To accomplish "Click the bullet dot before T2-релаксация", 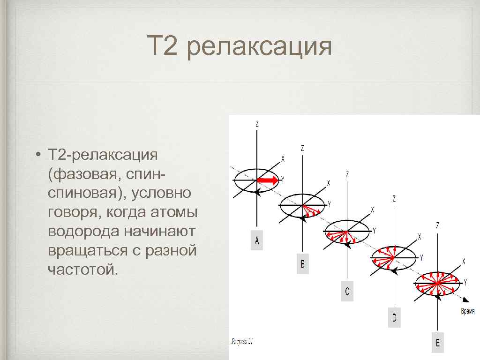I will pyautogui.click(x=37, y=155).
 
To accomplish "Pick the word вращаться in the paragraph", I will pyautogui.click(x=86, y=250).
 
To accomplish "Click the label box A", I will pyautogui.click(x=256, y=241).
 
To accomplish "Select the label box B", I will pyautogui.click(x=302, y=264).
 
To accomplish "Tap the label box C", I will pyautogui.click(x=347, y=292).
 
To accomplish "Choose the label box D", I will pyautogui.click(x=394, y=318).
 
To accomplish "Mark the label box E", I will pyautogui.click(x=437, y=343).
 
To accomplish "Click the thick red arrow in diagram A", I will pyautogui.click(x=267, y=180).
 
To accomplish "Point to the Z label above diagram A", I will pyautogui.click(x=257, y=124).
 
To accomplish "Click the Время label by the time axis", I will pyautogui.click(x=467, y=311).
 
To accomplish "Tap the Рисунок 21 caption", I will pyautogui.click(x=242, y=342).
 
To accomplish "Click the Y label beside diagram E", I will pyautogui.click(x=465, y=282).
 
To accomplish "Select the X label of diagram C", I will pyautogui.click(x=373, y=210).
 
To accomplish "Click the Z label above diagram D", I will pyautogui.click(x=394, y=199).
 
